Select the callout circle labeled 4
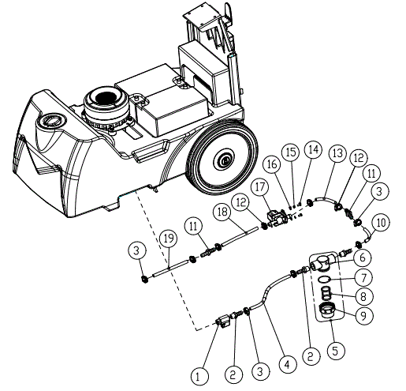pyautogui.click(x=285, y=365)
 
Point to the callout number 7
pyautogui.click(x=363, y=279)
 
